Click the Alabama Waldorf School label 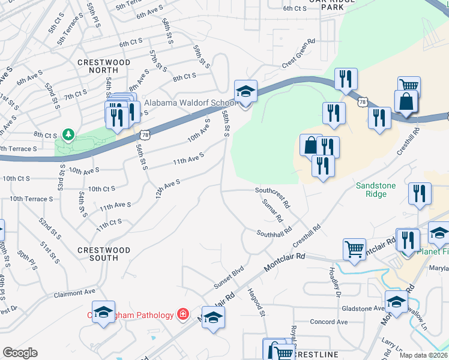coord(175,102)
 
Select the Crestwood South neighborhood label coord(104,254)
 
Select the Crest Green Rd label coord(298,52)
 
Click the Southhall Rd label coord(274,232)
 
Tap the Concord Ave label coord(329,322)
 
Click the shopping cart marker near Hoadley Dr coord(355,248)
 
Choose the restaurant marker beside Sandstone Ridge coord(419,194)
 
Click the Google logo coord(20,353)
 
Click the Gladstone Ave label coord(363,308)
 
